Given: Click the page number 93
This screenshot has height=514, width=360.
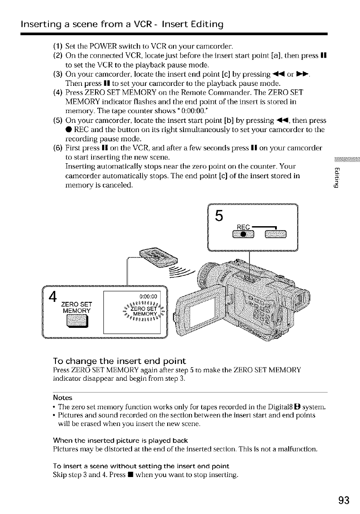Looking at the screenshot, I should (344, 500).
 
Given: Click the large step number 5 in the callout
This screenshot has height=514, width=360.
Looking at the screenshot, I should (219, 216).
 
